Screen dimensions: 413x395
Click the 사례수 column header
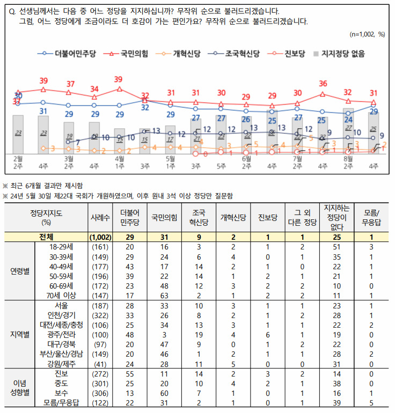pos(100,217)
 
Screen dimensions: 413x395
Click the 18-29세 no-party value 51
pos(337,247)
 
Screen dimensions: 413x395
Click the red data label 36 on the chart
pos(323,83)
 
